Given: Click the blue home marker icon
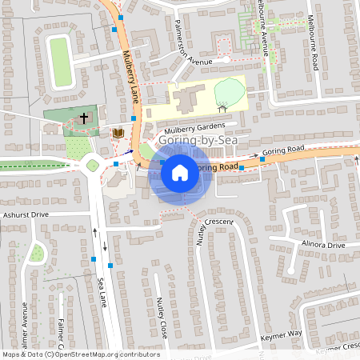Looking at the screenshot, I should coord(180,172).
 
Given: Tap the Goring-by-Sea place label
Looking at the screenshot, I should coord(193,141).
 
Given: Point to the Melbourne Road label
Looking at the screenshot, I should coord(312,40).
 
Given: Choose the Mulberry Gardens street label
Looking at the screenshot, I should coord(193,127).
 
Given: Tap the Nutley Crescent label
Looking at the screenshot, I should coord(215,221).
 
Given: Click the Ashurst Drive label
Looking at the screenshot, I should coord(26,214).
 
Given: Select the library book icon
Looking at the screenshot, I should coord(118,133).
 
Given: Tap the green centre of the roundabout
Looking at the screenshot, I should coord(93,166).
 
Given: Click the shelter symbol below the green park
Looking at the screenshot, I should coord(222,103).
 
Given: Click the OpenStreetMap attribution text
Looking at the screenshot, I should coord(80,354).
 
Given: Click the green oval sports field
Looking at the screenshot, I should coord(58,62).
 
